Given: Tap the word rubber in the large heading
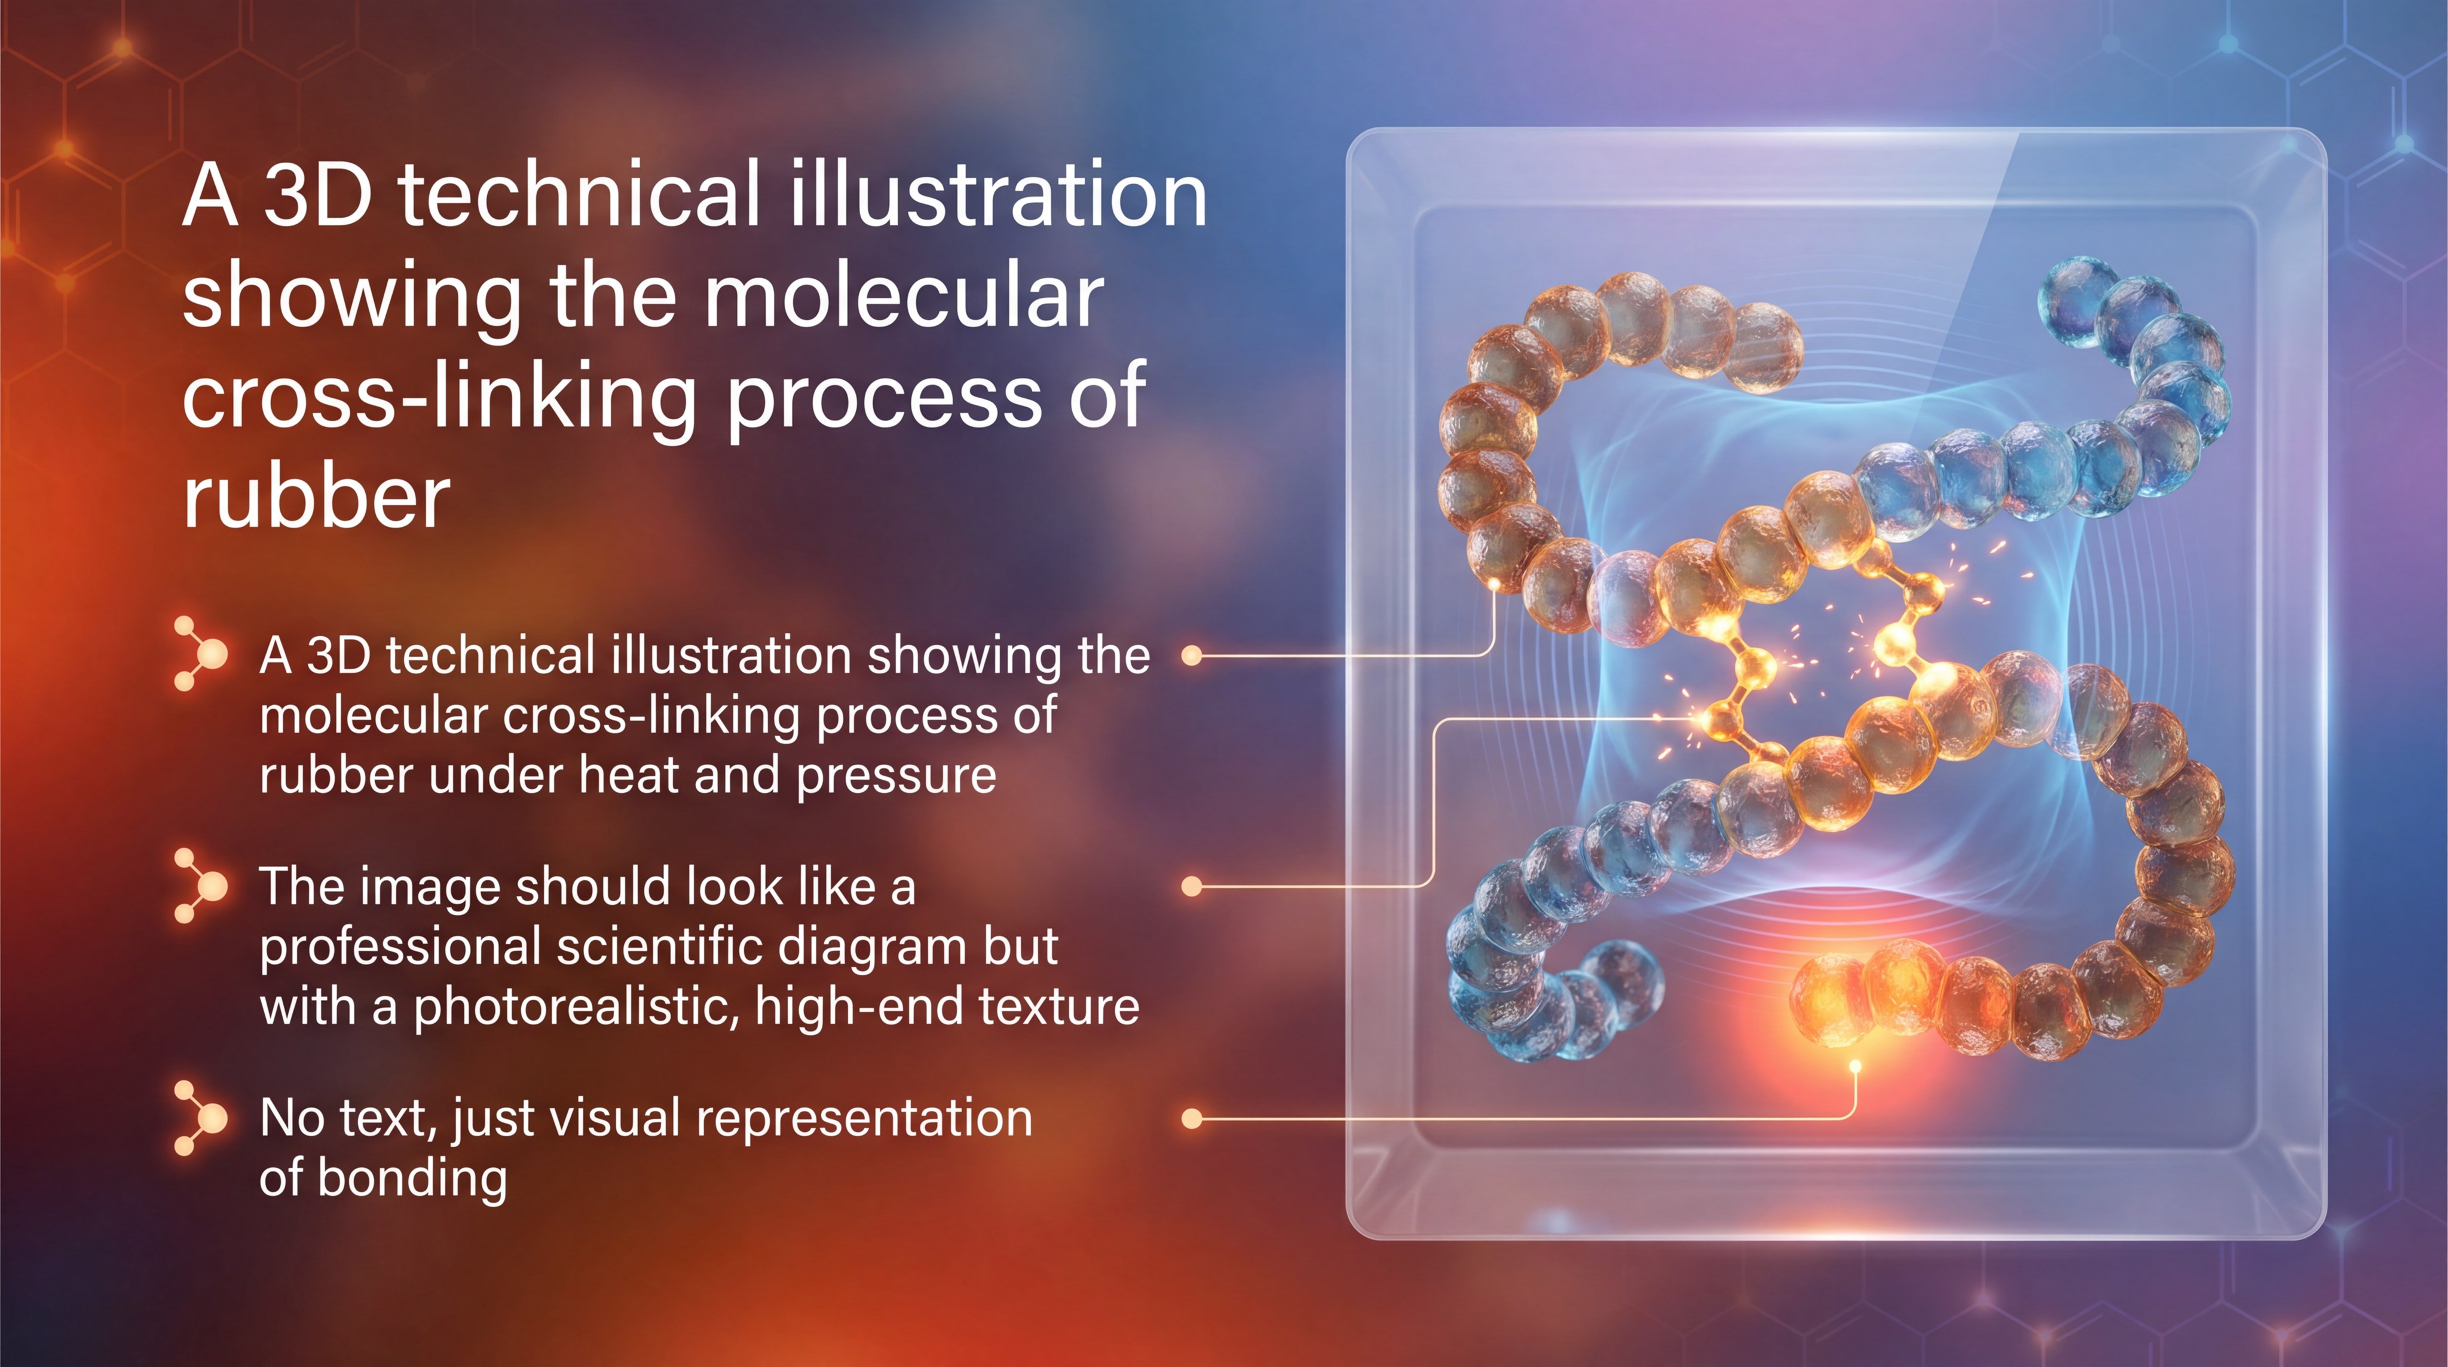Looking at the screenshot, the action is tap(316, 496).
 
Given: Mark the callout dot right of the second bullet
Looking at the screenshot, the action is tap(1192, 887).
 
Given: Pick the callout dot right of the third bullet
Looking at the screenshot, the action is tap(1192, 1119).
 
